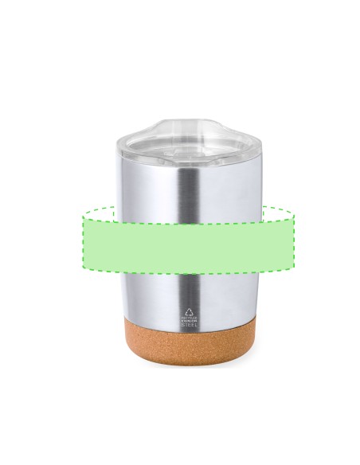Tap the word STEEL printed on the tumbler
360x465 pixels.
click(x=190, y=326)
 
